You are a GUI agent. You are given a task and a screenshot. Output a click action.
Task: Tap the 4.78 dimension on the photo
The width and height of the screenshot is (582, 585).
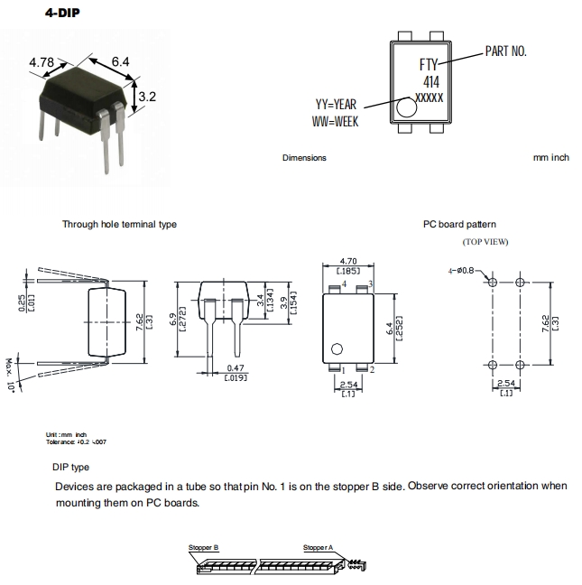tap(42, 62)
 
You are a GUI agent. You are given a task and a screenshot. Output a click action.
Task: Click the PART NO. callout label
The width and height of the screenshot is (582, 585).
tap(505, 51)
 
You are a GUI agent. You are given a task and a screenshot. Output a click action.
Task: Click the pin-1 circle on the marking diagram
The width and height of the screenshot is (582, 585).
tap(406, 108)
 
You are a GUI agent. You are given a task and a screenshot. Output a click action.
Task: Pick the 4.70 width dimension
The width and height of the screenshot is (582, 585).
tap(348, 260)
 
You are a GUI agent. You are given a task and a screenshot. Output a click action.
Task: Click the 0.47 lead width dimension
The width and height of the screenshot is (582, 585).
tap(236, 367)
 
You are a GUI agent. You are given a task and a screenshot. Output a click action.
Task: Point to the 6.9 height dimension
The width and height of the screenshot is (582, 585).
tap(172, 320)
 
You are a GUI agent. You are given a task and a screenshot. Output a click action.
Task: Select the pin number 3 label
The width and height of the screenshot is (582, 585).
tap(371, 283)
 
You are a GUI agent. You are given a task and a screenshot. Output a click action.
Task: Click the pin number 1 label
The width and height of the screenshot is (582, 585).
tap(342, 370)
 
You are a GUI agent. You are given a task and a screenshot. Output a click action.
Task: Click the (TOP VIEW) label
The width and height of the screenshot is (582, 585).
tap(485, 242)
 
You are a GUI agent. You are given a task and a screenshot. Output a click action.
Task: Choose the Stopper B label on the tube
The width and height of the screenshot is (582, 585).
tap(204, 547)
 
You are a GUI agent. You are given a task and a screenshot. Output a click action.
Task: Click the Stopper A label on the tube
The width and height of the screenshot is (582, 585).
tap(318, 547)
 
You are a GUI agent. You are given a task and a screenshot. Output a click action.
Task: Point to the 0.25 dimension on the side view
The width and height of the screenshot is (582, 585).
tap(23, 306)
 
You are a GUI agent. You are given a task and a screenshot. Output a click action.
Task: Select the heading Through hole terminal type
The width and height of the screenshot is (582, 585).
tap(119, 224)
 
